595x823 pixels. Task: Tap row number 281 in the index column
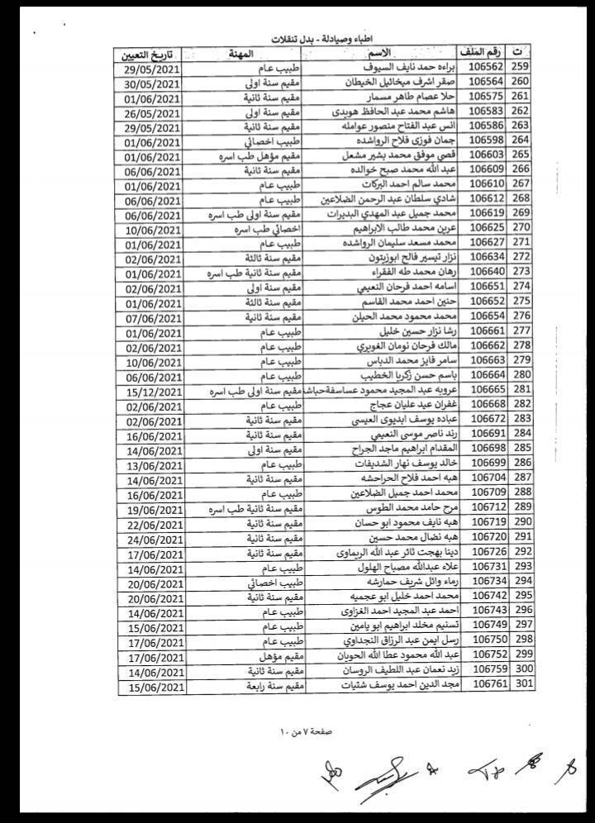[x=521, y=390]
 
